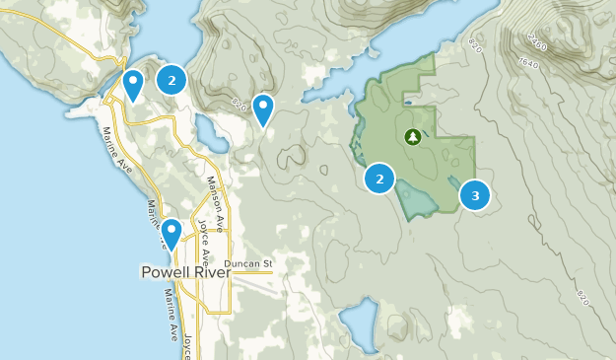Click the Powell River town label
pyautogui.click(x=185, y=272)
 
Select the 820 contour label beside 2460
pyautogui.click(x=477, y=44)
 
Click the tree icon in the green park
pyautogui.click(x=413, y=137)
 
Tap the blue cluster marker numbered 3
pyautogui.click(x=475, y=194)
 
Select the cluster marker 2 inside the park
pyautogui.click(x=379, y=179)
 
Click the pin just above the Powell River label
pyautogui.click(x=171, y=234)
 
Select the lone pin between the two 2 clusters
pyautogui.click(x=263, y=108)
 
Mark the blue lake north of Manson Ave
pyautogui.click(x=207, y=128)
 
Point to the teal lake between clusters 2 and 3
pyautogui.click(x=419, y=200)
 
